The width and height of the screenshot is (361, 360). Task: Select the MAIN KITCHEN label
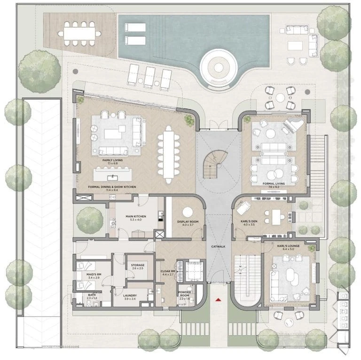(135, 217)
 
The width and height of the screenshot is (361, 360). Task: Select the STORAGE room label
(138, 265)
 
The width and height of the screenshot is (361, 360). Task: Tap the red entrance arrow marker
(218, 299)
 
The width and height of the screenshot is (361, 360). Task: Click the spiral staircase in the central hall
(214, 164)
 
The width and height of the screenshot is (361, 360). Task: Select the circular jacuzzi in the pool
(219, 67)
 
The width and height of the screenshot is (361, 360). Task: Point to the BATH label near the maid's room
(91, 296)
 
